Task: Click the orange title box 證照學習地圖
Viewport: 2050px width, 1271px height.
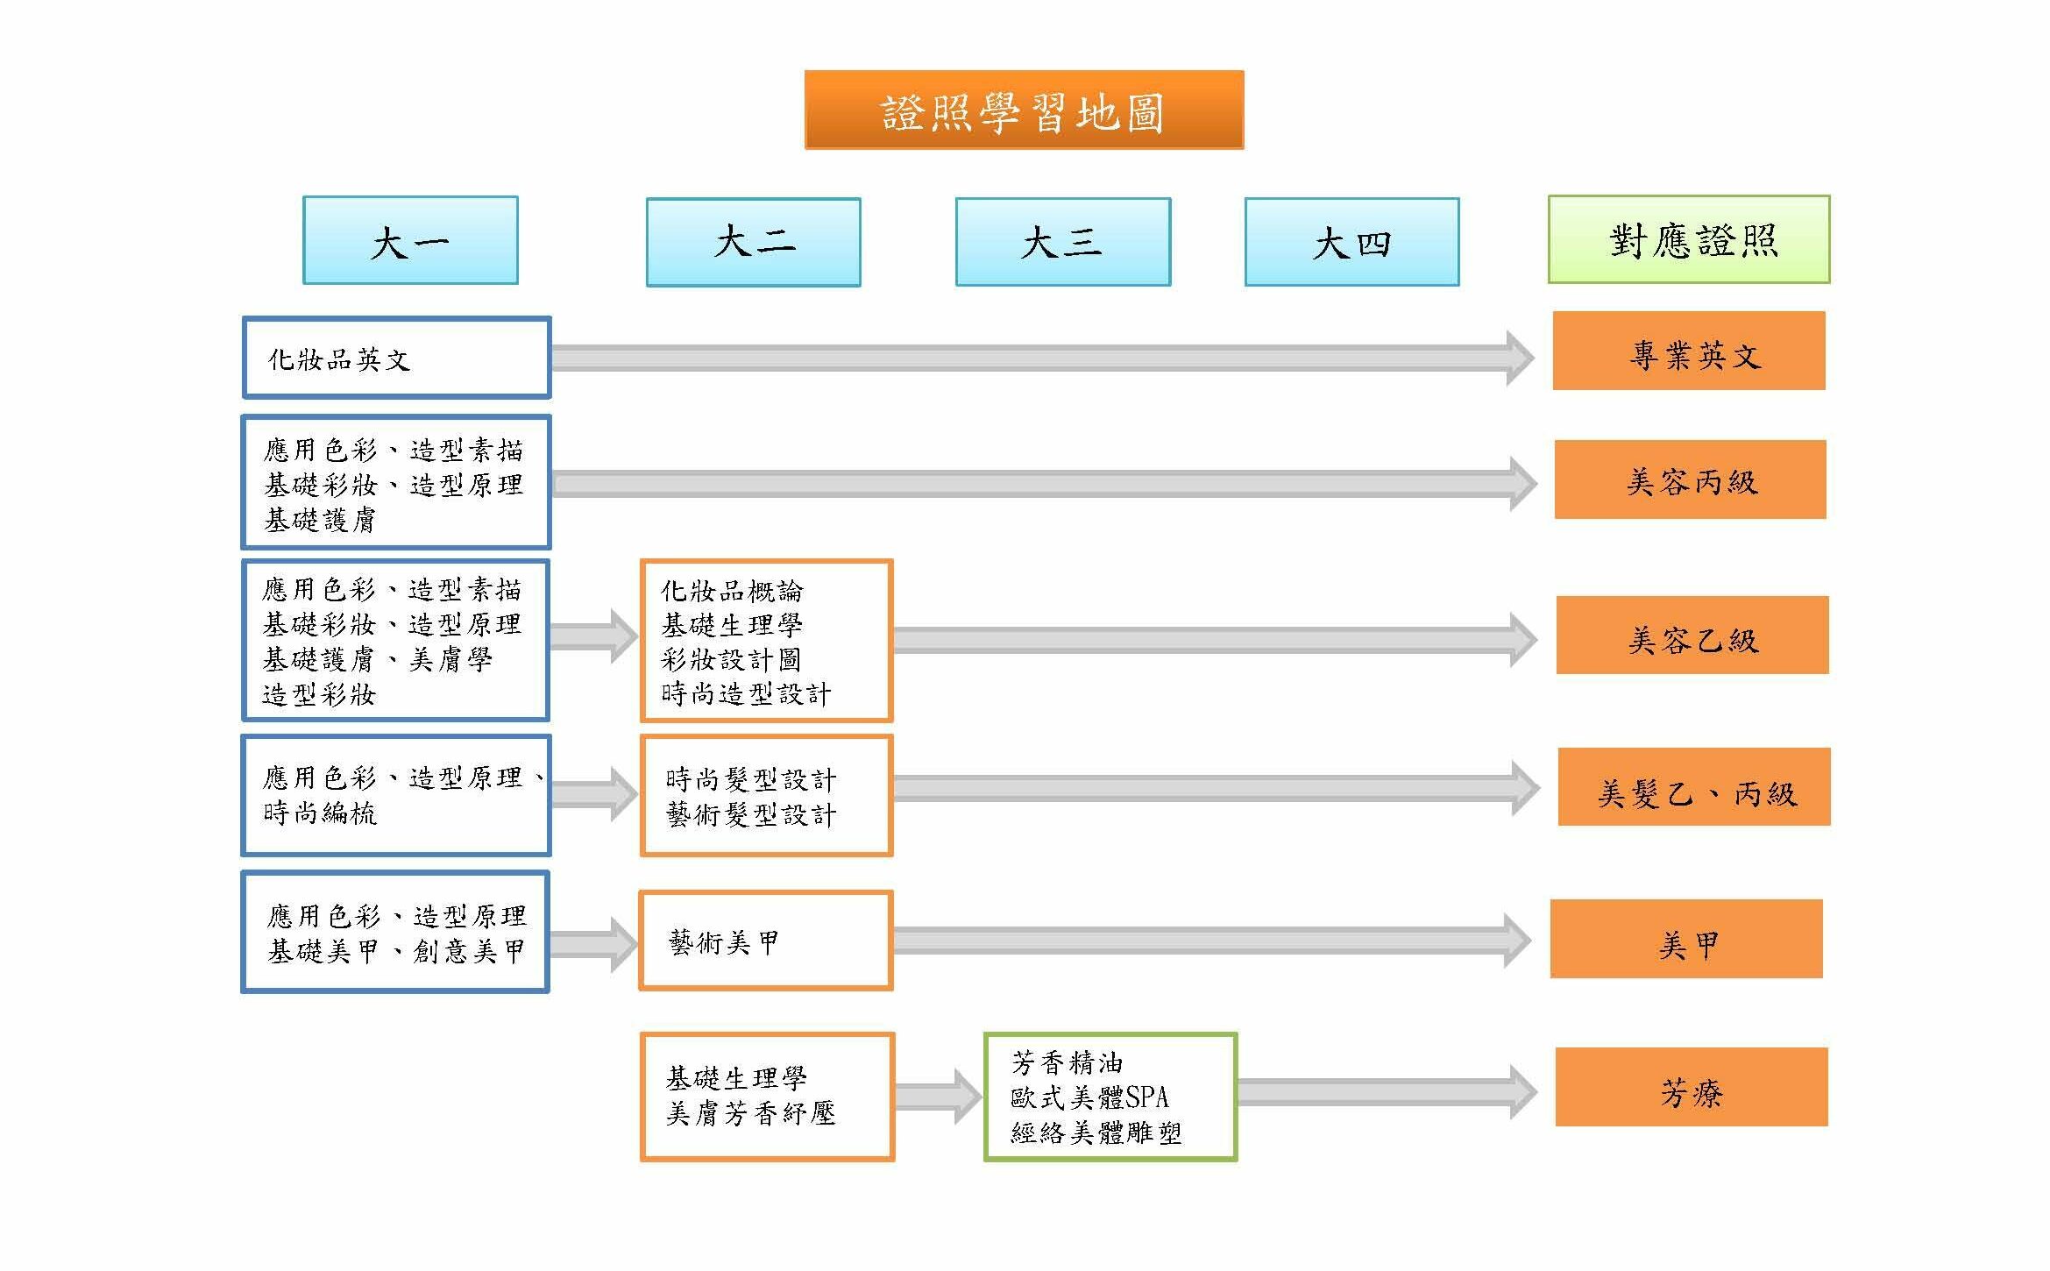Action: point(1024,110)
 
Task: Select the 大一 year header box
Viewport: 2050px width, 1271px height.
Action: point(410,240)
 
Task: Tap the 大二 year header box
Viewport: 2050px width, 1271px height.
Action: point(754,242)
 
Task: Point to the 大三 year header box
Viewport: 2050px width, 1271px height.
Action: point(1063,242)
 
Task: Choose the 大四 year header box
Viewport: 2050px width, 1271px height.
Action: point(1352,242)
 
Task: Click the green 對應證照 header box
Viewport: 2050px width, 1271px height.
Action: point(1689,239)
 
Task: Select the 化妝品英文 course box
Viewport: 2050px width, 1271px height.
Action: point(396,358)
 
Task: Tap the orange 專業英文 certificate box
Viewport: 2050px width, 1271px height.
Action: point(1689,351)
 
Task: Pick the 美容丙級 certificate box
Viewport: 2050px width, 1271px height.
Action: point(1691,479)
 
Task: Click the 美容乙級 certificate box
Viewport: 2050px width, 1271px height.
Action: point(1692,635)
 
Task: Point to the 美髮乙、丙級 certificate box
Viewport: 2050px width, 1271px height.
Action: point(1694,787)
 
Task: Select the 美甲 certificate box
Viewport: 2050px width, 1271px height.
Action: point(1686,939)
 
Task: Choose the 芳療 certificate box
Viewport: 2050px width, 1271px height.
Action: point(1692,1087)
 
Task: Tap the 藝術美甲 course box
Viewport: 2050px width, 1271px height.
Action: point(766,941)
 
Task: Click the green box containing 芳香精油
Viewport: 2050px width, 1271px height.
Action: point(1110,1097)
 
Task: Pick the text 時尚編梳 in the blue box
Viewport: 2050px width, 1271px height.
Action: point(320,813)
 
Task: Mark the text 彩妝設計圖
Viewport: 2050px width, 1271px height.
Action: point(731,659)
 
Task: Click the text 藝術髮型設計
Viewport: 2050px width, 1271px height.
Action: point(751,815)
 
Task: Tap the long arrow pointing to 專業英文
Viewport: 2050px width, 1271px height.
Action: point(1043,358)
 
